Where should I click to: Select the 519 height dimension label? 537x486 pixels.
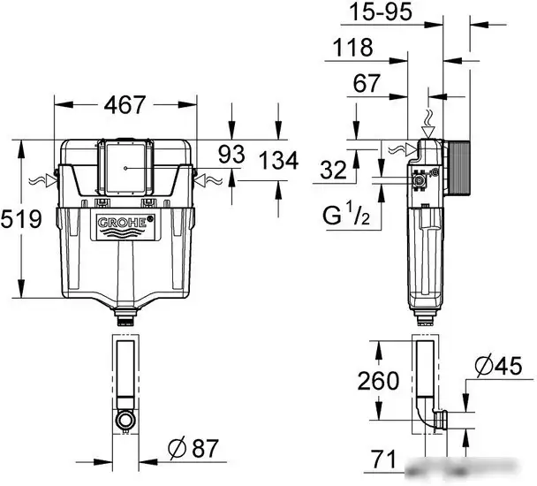pyautogui.click(x=20, y=218)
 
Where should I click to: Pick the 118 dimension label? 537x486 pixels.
pyautogui.click(x=350, y=49)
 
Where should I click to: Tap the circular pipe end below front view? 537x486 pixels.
pyautogui.click(x=125, y=417)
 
